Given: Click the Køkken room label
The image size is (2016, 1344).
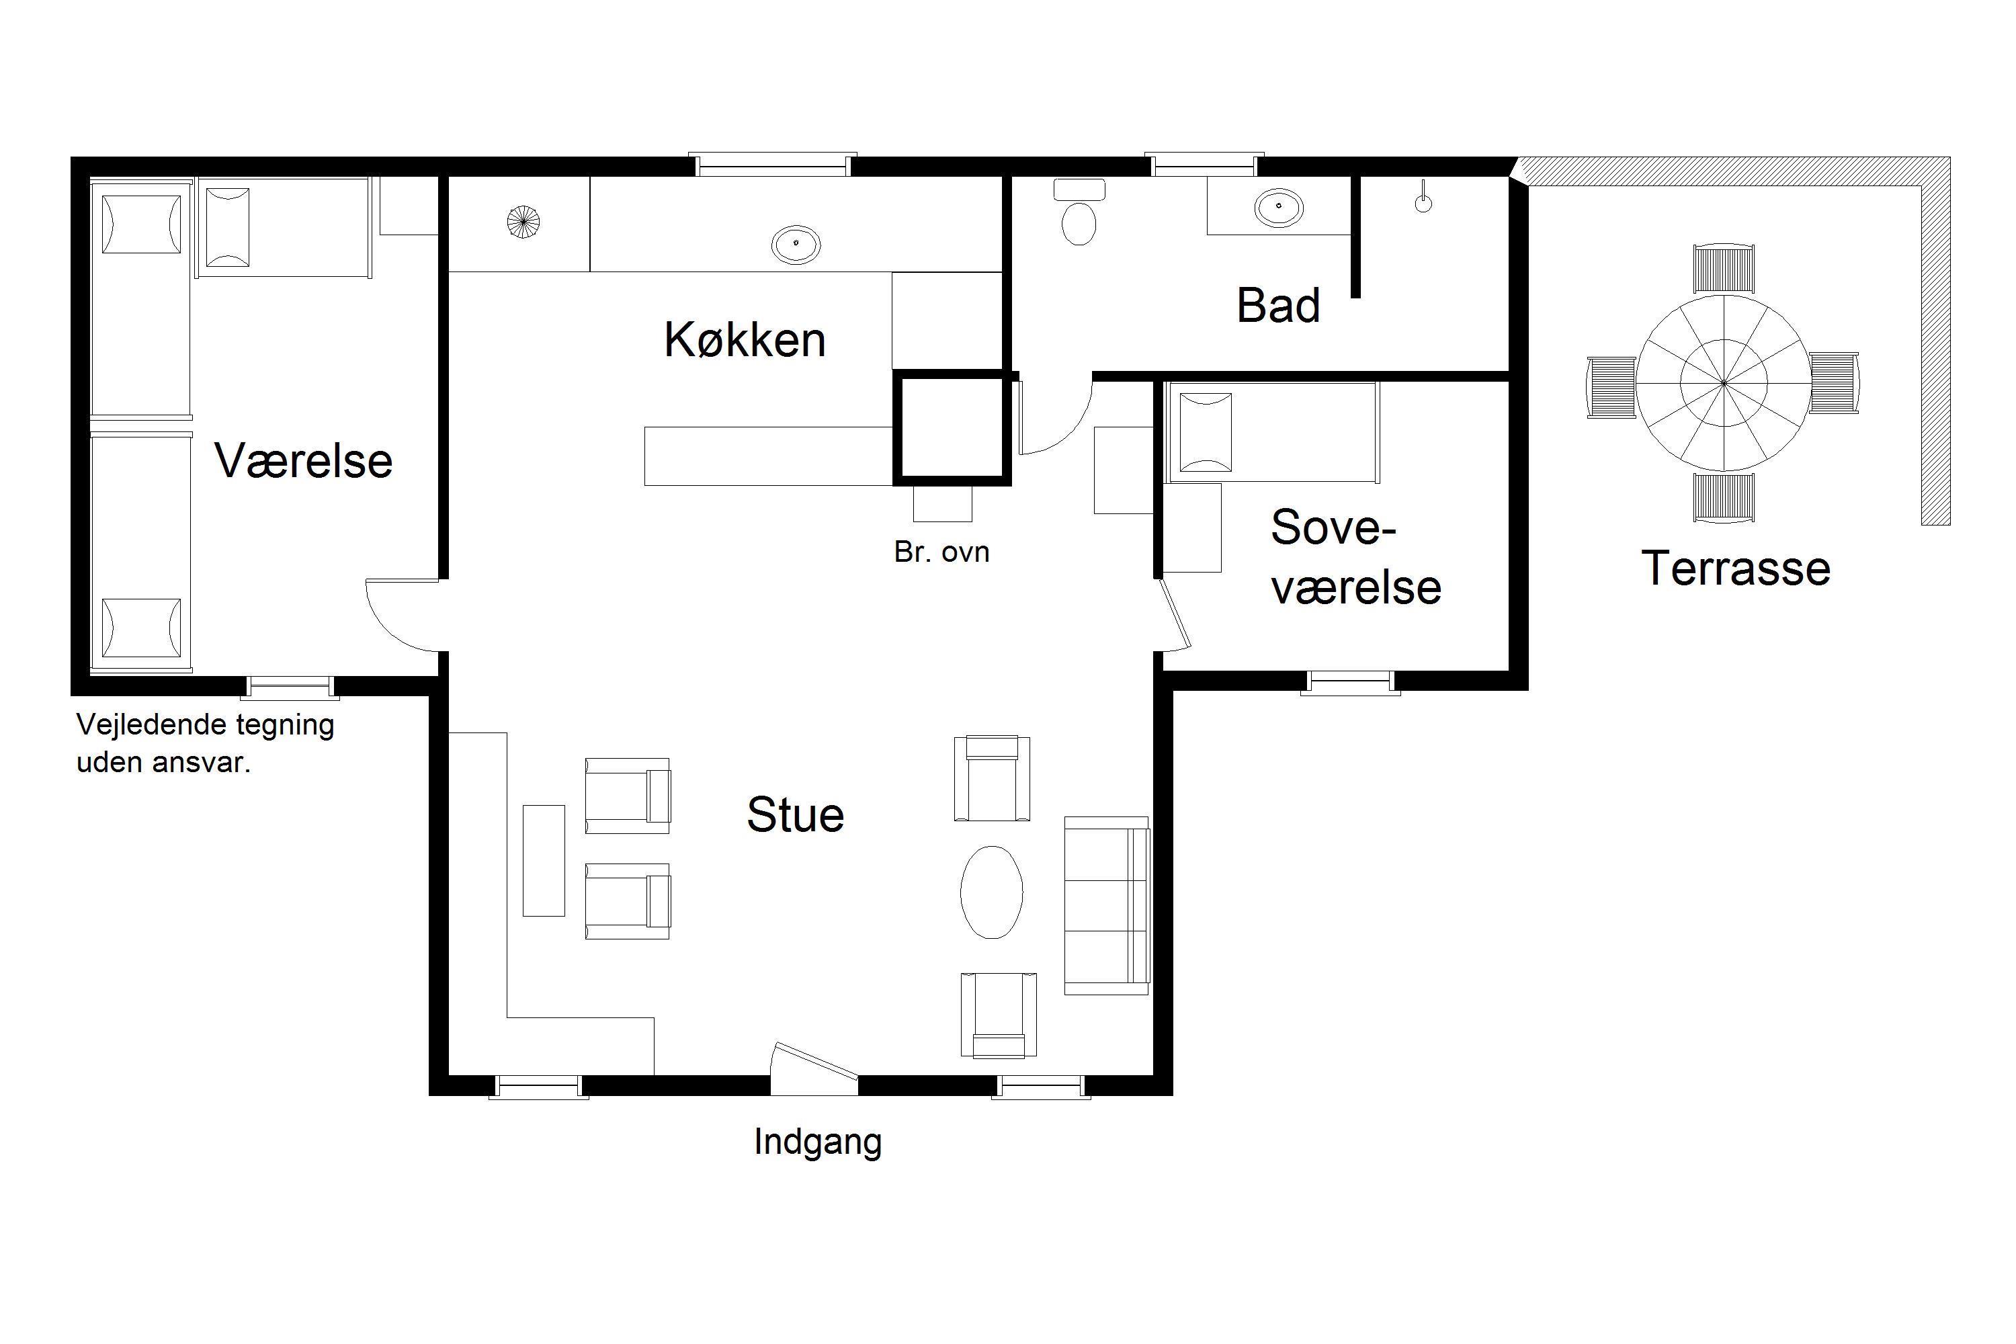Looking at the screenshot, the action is (745, 339).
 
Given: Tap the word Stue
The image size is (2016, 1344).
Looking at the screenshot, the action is (796, 814).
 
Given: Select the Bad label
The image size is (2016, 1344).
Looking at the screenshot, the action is (1278, 305).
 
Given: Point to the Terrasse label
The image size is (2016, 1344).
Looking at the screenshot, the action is (1736, 569).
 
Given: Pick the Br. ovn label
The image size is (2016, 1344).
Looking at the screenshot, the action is (941, 552).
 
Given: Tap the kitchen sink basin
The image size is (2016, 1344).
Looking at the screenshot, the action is (796, 245).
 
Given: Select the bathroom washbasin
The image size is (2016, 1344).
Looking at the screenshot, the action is (1279, 208).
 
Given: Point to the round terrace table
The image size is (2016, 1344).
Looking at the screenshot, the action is (1724, 382).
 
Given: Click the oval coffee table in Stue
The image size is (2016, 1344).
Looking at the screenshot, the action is (992, 892).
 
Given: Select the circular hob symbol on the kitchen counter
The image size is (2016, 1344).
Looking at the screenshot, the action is (523, 222).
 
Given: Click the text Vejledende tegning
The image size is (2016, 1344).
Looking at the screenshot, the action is (206, 725).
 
